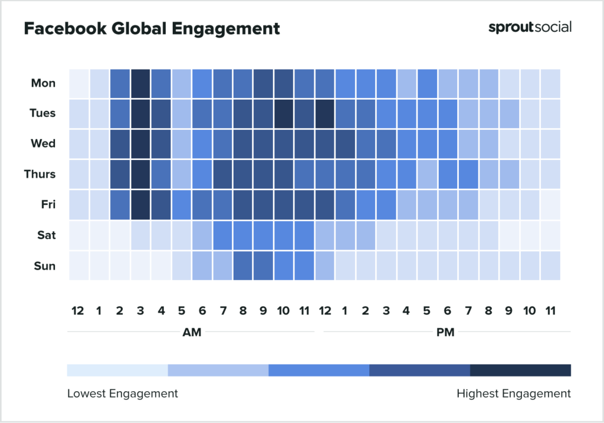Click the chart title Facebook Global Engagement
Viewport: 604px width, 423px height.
(x=152, y=28)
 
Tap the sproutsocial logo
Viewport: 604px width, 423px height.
(x=530, y=27)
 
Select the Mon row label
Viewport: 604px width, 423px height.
(x=43, y=83)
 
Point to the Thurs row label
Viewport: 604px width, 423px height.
(x=41, y=174)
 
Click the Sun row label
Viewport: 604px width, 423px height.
(x=45, y=266)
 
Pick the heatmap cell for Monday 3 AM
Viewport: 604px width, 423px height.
(x=140, y=83)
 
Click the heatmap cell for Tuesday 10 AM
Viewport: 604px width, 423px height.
(x=284, y=113)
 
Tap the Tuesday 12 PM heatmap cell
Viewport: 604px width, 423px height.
(x=324, y=113)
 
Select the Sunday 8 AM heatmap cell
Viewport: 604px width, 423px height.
(x=242, y=266)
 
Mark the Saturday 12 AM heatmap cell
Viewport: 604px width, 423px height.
(x=78, y=235)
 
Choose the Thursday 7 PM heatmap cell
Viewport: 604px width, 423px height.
(x=468, y=174)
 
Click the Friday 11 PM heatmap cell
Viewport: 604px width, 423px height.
(x=550, y=205)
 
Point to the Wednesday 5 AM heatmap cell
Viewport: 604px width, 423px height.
(x=181, y=144)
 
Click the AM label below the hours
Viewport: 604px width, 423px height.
(x=192, y=332)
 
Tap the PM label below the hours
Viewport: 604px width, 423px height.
(x=445, y=332)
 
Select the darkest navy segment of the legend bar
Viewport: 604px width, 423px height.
(x=520, y=370)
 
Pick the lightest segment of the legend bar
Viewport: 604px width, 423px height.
(x=117, y=370)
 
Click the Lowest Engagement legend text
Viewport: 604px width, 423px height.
(x=122, y=394)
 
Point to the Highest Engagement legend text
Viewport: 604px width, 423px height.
(x=514, y=394)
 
